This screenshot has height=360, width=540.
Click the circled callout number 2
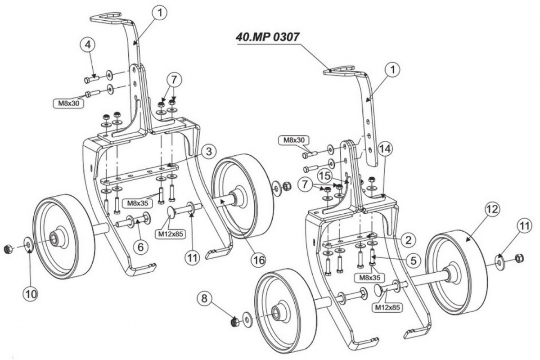(408, 240)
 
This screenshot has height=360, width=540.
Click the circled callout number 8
(205, 298)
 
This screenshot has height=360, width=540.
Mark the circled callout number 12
(491, 209)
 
